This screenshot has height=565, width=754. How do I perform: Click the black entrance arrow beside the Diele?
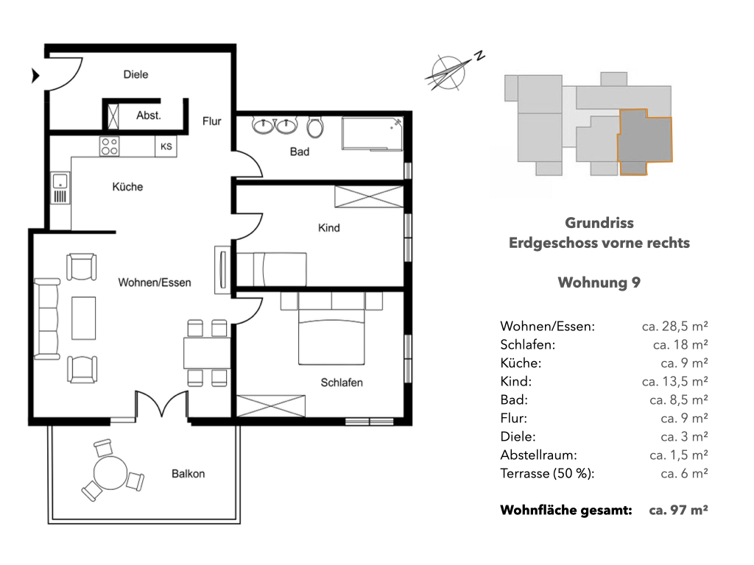(35, 76)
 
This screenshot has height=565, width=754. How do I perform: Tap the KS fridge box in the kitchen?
(166, 146)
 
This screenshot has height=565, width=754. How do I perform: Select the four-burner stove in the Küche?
(109, 146)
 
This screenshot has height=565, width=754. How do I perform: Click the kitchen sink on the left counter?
(60, 188)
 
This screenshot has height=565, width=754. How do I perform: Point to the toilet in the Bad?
(315, 127)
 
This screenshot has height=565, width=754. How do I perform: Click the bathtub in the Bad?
(372, 134)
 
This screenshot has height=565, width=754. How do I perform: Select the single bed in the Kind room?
(271, 269)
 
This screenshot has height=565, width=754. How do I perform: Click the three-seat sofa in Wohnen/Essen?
(46, 319)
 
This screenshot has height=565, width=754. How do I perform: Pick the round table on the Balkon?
(110, 473)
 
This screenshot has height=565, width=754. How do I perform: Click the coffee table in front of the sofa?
(84, 318)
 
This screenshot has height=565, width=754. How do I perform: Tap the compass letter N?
(479, 56)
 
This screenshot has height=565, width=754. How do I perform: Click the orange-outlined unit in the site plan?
(644, 142)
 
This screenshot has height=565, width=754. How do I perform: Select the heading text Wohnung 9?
(599, 282)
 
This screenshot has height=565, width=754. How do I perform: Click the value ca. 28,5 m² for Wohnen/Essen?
(674, 326)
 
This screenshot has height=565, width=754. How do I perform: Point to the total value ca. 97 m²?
(678, 510)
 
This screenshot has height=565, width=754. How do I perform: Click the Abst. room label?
(149, 116)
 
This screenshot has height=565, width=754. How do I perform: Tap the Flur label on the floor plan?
(211, 121)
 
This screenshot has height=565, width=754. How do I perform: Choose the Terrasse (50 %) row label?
(547, 473)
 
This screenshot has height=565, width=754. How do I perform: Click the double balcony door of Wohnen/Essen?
(161, 405)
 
